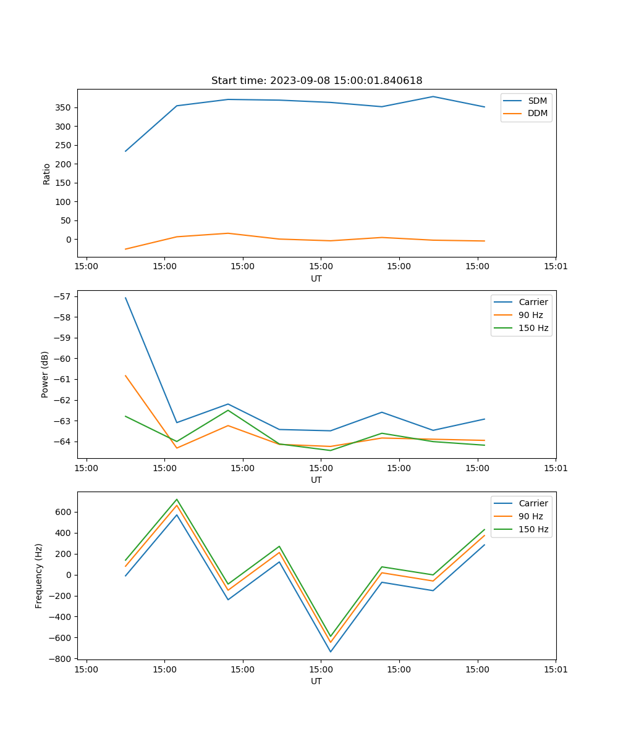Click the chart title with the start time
coord(316,81)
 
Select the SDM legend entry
coord(537,101)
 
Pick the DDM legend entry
coord(537,113)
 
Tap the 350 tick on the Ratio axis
coord(64,108)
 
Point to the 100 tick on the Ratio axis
coord(64,202)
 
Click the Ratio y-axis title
coord(47,174)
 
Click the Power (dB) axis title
coord(45,375)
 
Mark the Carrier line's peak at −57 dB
coord(125,298)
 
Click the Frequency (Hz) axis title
coord(39,576)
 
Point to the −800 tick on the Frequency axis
coord(61,659)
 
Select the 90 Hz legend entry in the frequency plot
coord(531,516)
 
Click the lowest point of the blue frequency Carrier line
coord(331,651)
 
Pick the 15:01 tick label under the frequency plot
coord(555,669)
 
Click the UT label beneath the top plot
coord(316,278)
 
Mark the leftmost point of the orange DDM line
coord(125,249)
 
